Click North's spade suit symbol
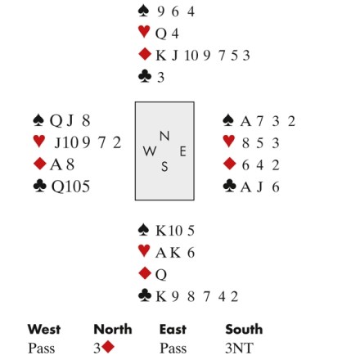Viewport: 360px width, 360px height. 143,11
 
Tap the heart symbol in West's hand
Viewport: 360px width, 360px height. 39,142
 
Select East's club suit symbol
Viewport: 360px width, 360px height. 230,186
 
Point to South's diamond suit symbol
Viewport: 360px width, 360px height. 145,273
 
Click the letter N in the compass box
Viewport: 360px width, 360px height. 164,136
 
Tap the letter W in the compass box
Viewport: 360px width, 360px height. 150,151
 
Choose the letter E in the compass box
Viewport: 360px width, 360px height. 182,151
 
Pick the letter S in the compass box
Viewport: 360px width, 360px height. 164,166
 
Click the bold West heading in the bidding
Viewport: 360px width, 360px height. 44,329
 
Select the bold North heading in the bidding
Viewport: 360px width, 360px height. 113,329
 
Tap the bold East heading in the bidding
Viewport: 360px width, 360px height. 173,329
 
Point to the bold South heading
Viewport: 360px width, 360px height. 244,329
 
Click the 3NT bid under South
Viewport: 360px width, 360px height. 240,349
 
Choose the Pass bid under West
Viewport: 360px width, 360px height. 42,349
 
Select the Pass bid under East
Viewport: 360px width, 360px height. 173,349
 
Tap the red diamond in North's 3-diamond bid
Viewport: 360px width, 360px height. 108,347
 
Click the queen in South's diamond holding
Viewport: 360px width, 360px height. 161,275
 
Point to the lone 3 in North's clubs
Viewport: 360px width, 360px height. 161,78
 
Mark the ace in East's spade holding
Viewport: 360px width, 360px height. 245,121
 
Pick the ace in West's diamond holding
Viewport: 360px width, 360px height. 56,164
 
